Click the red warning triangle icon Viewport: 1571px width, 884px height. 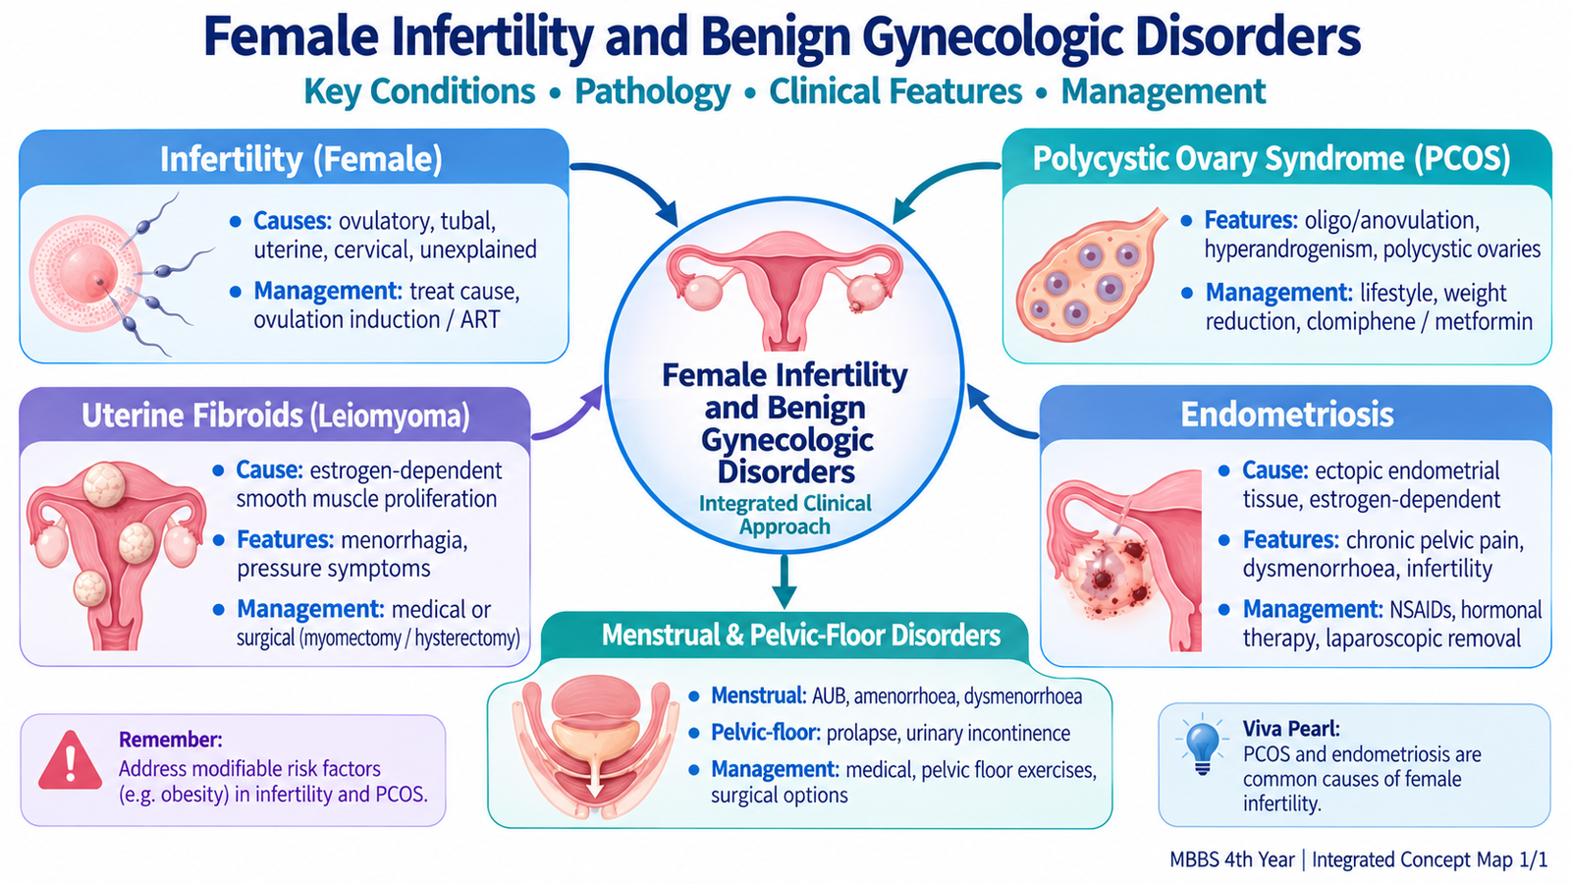click(x=70, y=761)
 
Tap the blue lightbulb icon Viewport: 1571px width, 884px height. click(x=1202, y=747)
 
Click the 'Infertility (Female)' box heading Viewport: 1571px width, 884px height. click(x=300, y=159)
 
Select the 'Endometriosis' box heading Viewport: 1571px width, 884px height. click(x=1287, y=414)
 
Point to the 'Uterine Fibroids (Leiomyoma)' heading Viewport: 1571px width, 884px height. click(x=276, y=416)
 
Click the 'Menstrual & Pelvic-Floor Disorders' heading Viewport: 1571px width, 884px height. click(x=801, y=635)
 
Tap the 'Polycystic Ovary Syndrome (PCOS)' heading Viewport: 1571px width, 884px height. click(x=1272, y=159)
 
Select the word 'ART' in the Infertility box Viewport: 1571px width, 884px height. click(x=480, y=320)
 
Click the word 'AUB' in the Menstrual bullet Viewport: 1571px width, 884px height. click(x=828, y=696)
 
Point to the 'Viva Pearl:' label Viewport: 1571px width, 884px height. click(x=1291, y=729)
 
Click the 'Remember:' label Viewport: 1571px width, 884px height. click(x=171, y=741)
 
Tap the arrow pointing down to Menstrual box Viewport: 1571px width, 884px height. click(x=784, y=581)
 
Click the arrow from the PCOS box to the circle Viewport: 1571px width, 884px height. click(x=940, y=184)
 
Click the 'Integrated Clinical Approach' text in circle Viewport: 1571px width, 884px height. click(x=785, y=515)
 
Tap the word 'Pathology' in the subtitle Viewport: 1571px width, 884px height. click(x=652, y=92)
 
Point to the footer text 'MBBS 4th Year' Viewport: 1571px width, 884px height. click(x=1231, y=860)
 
